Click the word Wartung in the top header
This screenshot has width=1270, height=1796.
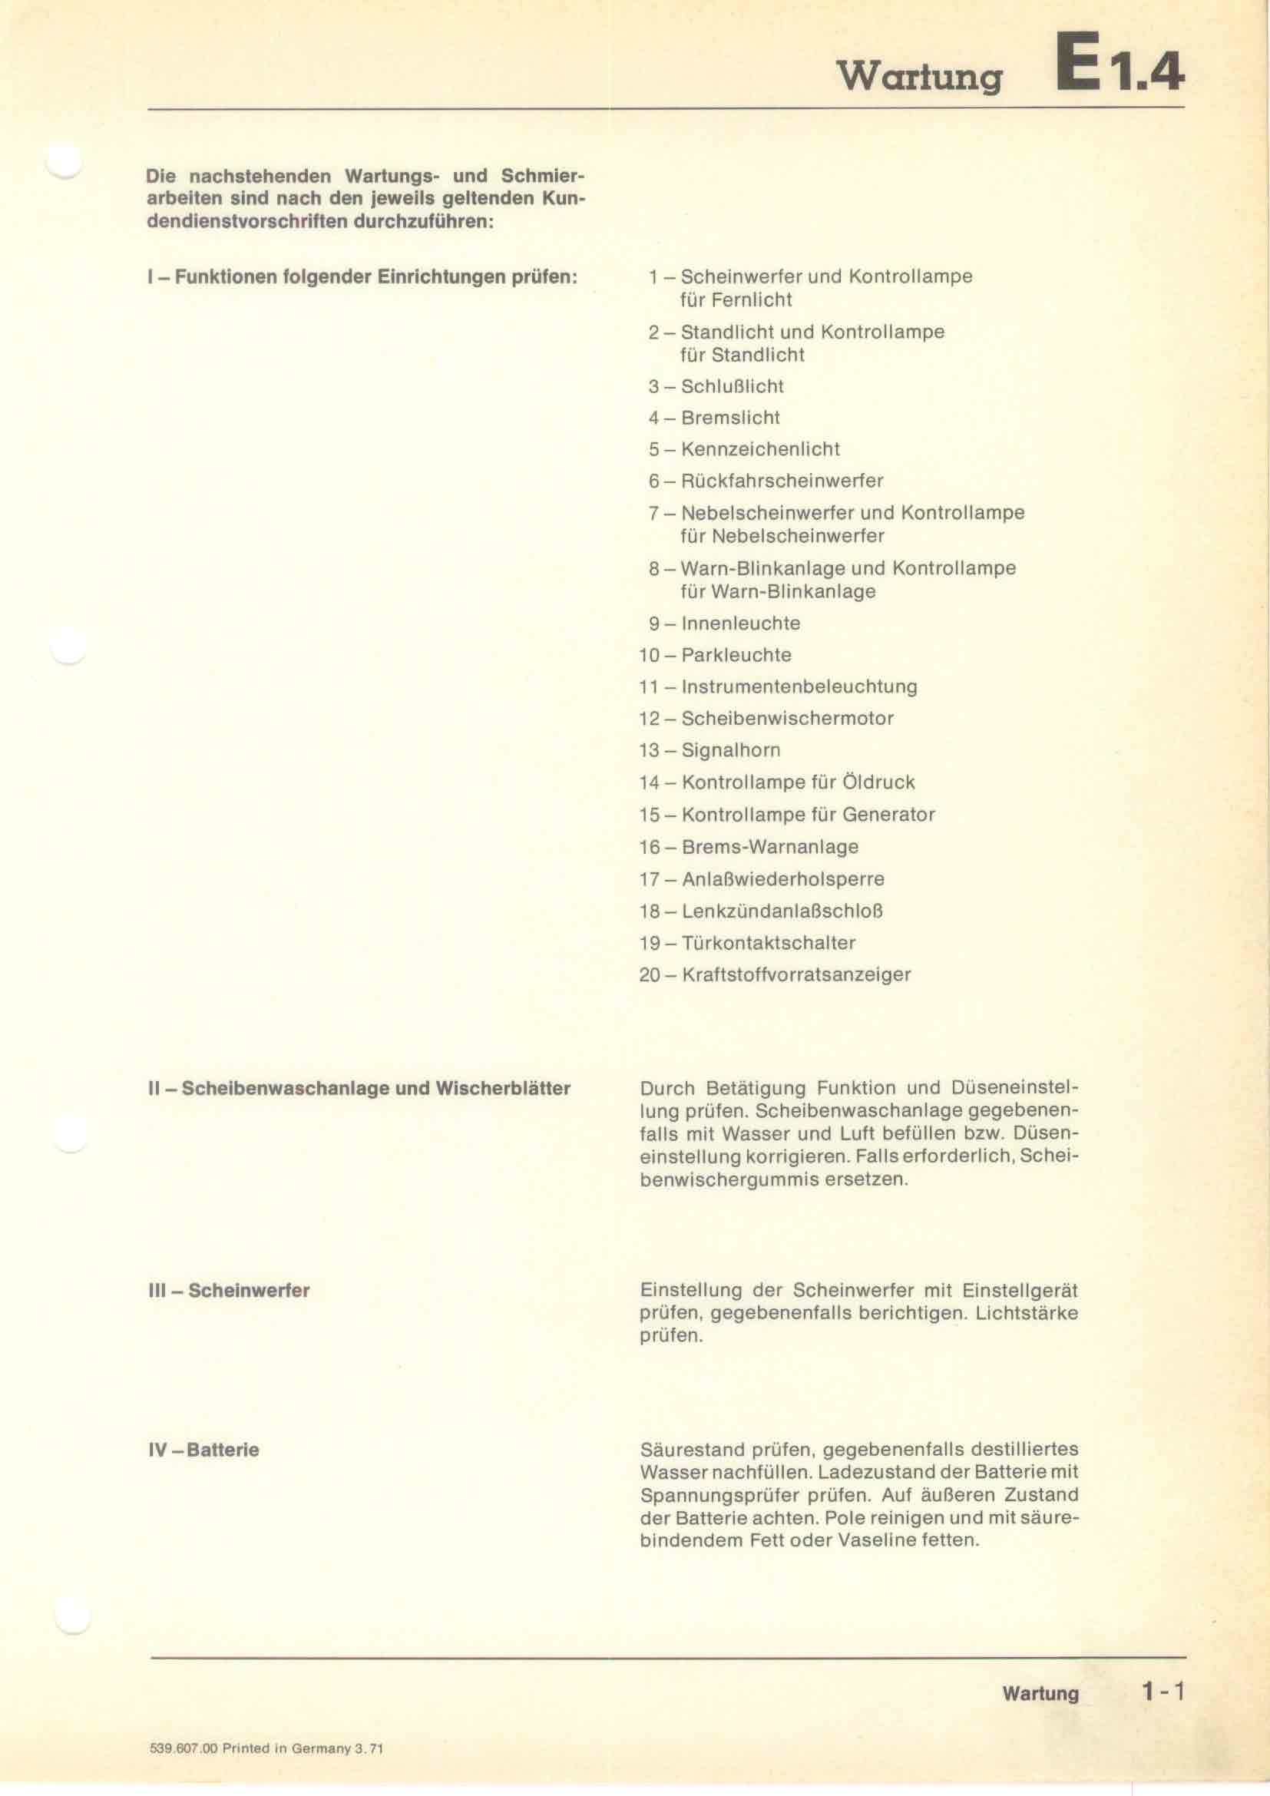pyautogui.click(x=920, y=78)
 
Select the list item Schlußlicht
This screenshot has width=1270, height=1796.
pyautogui.click(x=732, y=386)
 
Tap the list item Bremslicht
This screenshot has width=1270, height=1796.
pyautogui.click(x=730, y=418)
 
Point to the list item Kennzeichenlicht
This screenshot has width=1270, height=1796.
pyautogui.click(x=760, y=450)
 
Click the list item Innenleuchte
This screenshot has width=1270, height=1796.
pyautogui.click(x=740, y=623)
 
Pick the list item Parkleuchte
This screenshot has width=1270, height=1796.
pyautogui.click(x=736, y=655)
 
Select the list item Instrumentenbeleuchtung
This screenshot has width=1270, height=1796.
pyautogui.click(x=799, y=686)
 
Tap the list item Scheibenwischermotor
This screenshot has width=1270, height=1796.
pyautogui.click(x=787, y=718)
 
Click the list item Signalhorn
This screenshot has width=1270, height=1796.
pyautogui.click(x=730, y=750)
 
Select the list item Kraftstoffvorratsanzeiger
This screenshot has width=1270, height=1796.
pyautogui.click(x=796, y=974)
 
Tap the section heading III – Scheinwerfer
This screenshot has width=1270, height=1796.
pyautogui.click(x=228, y=1290)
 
